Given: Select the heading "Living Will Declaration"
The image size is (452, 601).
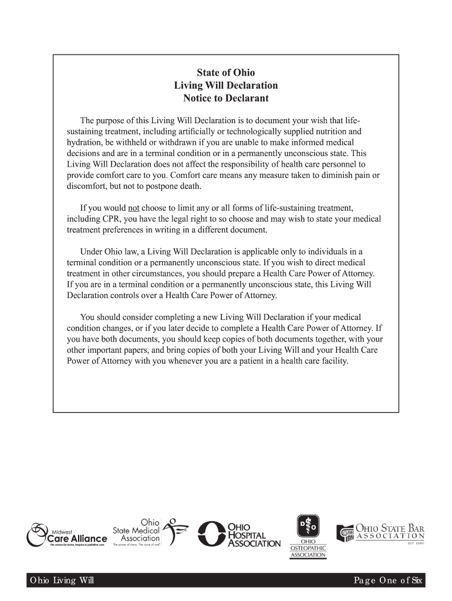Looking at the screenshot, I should [226, 86].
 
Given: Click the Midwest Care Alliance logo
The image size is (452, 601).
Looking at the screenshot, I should [67, 534].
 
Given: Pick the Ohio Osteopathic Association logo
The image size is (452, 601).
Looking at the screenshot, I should [308, 536].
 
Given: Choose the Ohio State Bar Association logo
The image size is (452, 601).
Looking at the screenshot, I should [380, 533].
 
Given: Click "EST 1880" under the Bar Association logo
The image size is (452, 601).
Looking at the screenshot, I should [416, 543].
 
